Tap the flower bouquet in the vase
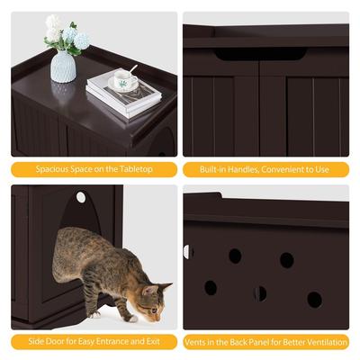(67, 34)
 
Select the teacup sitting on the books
(122, 83)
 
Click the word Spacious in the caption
(53, 168)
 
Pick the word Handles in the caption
(236, 168)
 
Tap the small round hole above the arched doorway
(80, 197)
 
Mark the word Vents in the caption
(197, 341)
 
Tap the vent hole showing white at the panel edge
(188, 252)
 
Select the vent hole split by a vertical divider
(260, 293)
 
